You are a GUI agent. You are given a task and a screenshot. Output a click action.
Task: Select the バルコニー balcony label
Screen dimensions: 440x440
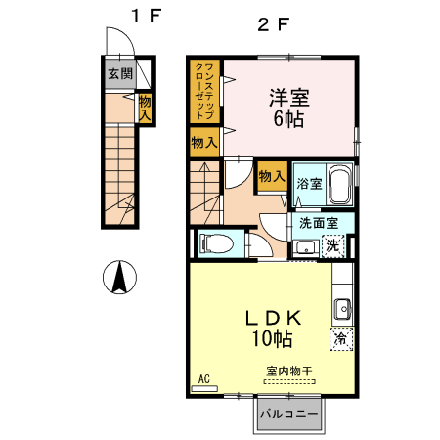pos(288,414)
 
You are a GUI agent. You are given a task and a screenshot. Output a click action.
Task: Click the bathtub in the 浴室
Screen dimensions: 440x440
pos(338,183)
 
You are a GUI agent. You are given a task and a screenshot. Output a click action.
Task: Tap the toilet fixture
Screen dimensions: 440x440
pos(214,242)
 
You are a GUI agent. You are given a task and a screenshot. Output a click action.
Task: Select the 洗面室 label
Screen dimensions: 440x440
pos(320,222)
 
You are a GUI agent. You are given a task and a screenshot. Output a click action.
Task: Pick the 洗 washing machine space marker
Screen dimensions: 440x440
pos(333,245)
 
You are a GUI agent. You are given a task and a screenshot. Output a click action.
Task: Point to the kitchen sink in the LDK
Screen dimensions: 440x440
pos(342,310)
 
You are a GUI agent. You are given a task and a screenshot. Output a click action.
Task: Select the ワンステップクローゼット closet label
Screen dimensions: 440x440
pos(205,91)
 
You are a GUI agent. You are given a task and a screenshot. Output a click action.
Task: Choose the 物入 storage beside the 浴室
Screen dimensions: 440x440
pos(271,178)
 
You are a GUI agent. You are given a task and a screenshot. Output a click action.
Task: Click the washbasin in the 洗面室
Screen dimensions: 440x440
pos(306,245)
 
